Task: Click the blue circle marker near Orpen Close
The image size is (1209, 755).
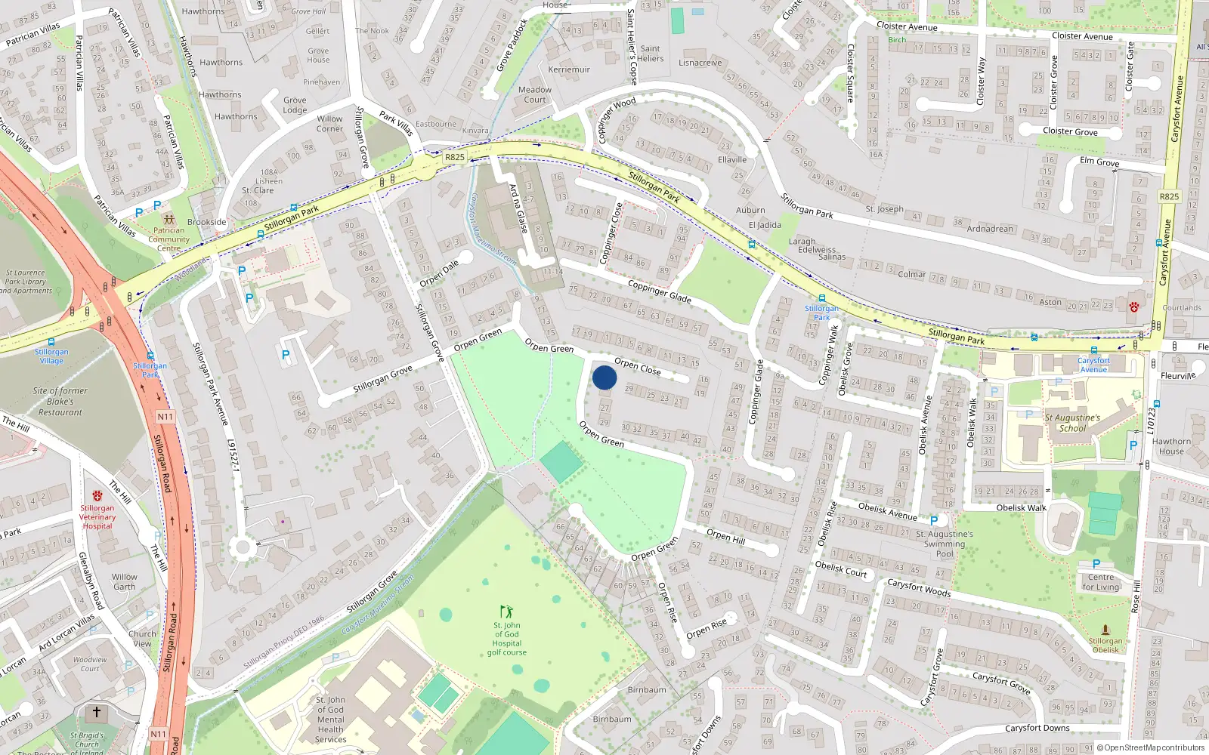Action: (x=604, y=377)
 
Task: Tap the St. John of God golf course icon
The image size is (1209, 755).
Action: (x=506, y=611)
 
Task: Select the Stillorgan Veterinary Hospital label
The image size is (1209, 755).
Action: (x=97, y=517)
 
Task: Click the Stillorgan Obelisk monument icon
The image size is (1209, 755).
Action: (x=1105, y=630)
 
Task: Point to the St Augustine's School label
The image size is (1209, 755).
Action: (x=1072, y=423)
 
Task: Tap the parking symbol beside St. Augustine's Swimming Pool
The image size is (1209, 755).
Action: (x=934, y=521)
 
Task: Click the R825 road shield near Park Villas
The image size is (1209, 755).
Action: (x=455, y=158)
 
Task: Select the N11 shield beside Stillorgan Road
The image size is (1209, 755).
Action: (x=165, y=417)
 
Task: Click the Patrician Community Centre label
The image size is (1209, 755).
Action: (x=169, y=239)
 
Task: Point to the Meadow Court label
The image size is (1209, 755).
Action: (x=535, y=94)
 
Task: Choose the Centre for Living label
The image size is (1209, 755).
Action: (x=1101, y=582)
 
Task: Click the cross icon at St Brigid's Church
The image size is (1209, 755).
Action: (x=96, y=712)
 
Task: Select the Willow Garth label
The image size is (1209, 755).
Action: (x=125, y=581)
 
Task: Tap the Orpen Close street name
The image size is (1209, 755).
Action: (x=637, y=366)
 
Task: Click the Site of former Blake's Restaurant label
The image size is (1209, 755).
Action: (x=60, y=402)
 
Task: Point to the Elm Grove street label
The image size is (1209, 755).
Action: (x=1099, y=162)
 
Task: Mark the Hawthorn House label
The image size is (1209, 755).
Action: (x=1171, y=446)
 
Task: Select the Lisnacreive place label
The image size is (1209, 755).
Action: (x=700, y=63)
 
